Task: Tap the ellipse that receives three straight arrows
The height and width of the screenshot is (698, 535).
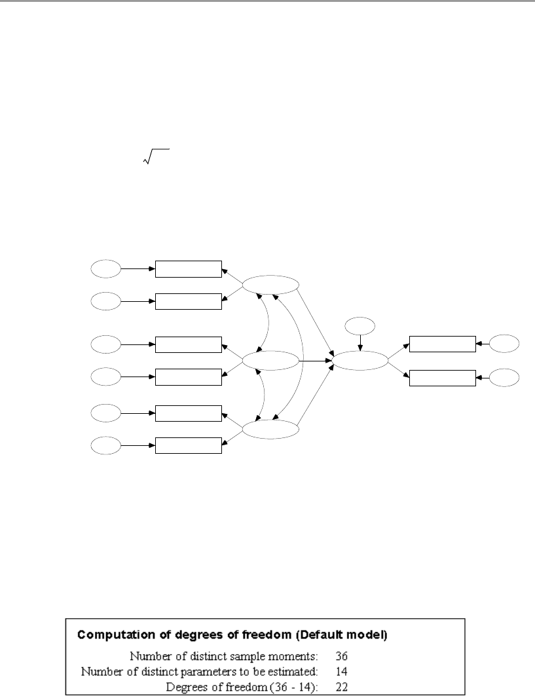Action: click(360, 360)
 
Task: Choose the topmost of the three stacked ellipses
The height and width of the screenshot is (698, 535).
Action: click(270, 285)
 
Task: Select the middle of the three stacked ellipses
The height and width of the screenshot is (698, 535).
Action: click(270, 360)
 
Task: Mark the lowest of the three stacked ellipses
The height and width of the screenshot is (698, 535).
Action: click(270, 430)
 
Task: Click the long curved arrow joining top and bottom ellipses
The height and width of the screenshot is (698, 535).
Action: click(302, 358)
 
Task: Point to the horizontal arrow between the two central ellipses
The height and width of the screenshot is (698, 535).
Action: click(315, 360)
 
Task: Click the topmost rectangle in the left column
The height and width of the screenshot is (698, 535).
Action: click(189, 269)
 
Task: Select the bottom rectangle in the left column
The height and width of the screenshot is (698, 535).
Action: click(189, 446)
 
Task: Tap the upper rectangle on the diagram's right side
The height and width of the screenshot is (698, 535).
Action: click(442, 344)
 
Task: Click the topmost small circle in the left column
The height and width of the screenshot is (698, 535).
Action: click(106, 268)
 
